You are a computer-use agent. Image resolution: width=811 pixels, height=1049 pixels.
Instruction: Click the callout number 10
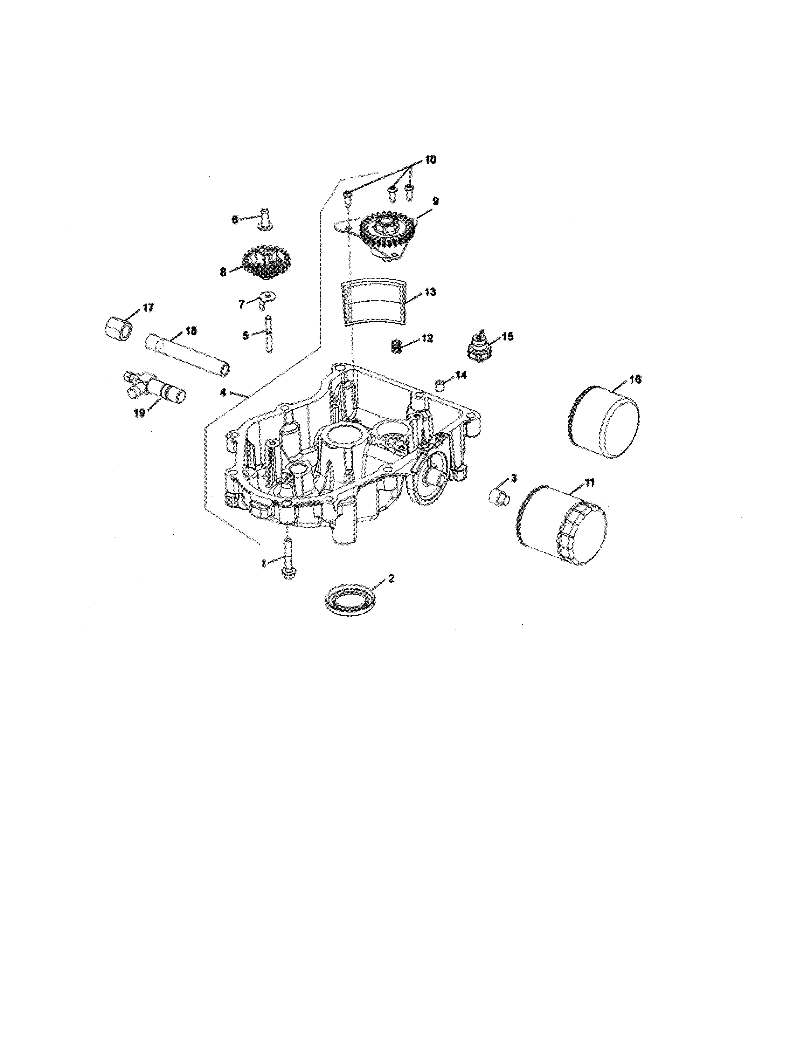point(430,160)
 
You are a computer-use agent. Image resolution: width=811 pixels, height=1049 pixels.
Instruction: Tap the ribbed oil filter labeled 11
point(561,525)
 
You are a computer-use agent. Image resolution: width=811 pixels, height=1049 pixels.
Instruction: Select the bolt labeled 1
point(287,559)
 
